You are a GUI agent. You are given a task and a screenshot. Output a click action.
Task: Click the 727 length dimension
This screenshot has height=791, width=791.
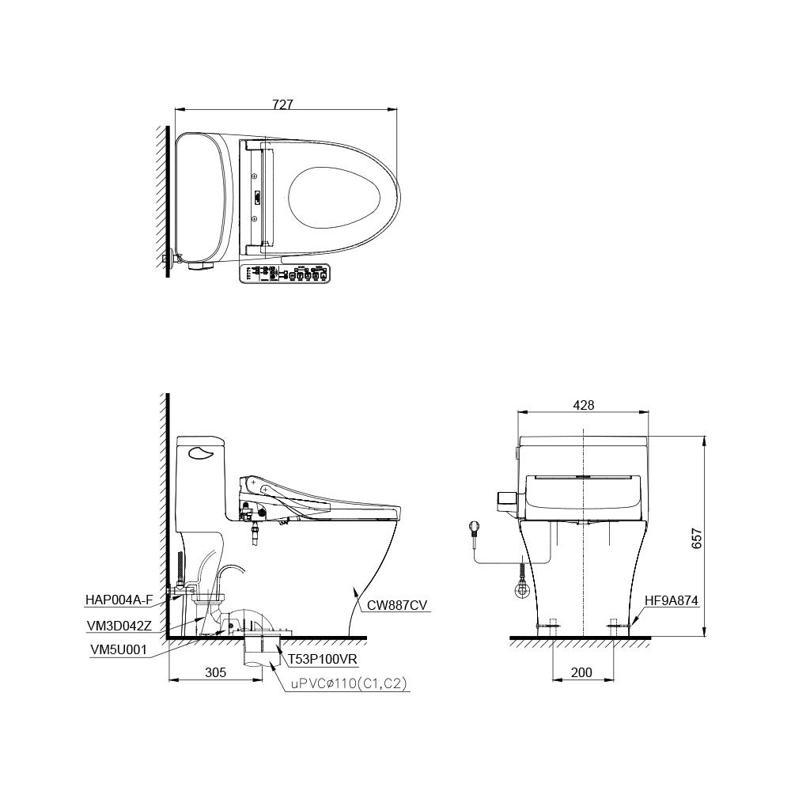click(284, 104)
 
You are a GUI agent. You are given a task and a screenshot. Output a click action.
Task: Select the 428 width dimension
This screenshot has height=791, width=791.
click(583, 405)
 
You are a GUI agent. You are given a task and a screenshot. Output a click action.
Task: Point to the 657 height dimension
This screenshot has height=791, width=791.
click(697, 537)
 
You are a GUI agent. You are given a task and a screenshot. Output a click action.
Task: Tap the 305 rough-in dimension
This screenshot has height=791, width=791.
click(215, 672)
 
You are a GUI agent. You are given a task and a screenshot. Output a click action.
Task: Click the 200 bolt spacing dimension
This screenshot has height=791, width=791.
click(581, 672)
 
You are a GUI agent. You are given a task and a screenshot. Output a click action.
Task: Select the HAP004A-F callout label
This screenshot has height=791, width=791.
click(119, 600)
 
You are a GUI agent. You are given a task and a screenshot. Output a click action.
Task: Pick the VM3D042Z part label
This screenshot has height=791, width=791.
click(119, 625)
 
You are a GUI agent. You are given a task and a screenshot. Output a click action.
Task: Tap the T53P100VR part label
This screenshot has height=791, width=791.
click(322, 658)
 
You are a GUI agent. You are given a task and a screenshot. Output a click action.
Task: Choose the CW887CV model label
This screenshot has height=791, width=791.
click(397, 606)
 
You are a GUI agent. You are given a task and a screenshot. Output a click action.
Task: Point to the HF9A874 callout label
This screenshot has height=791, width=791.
click(672, 601)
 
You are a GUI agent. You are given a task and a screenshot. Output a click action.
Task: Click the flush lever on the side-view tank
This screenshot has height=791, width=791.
click(202, 452)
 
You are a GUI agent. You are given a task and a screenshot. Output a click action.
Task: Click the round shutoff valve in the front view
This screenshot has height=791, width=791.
click(523, 589)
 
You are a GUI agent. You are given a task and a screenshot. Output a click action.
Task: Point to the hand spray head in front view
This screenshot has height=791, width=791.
click(475, 526)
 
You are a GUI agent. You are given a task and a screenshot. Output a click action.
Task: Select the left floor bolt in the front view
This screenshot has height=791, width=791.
click(551, 626)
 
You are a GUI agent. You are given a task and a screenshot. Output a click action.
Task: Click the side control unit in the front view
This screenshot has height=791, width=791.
click(506, 498)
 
